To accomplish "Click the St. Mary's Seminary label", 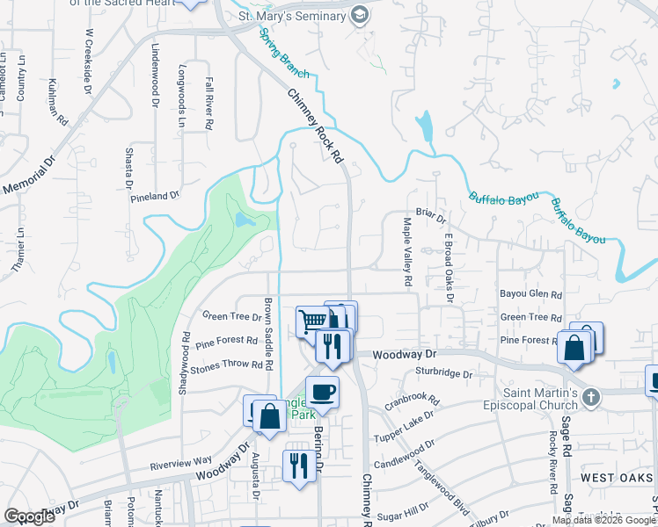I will (x=293, y=15).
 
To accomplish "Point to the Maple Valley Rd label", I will (x=408, y=253).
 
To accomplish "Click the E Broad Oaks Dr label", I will (x=449, y=267).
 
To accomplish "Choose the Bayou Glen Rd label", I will (x=530, y=294).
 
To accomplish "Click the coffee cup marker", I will (x=322, y=391).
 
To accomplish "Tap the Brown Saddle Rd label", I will (x=269, y=333).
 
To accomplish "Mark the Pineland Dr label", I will (x=155, y=197).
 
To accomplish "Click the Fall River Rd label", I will (x=209, y=104).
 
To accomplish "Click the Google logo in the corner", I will (x=30, y=516).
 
